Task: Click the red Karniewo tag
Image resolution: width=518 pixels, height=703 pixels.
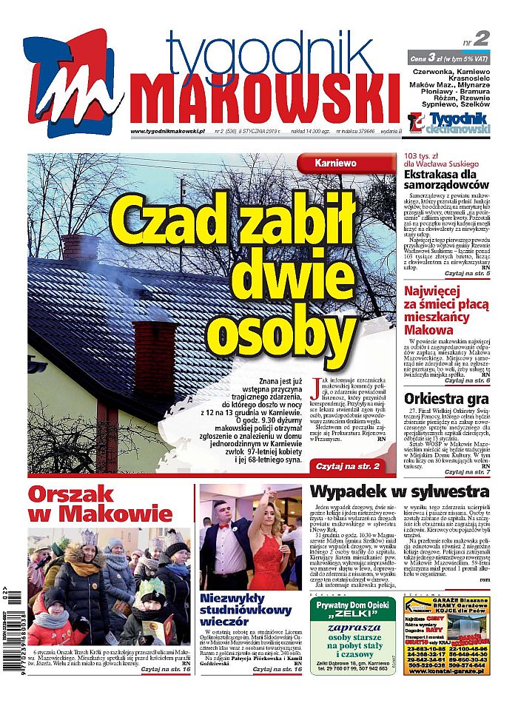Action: (335, 162)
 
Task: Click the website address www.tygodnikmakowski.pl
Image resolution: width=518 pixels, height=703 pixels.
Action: (167, 132)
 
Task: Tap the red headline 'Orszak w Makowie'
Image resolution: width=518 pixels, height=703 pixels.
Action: (100, 503)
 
